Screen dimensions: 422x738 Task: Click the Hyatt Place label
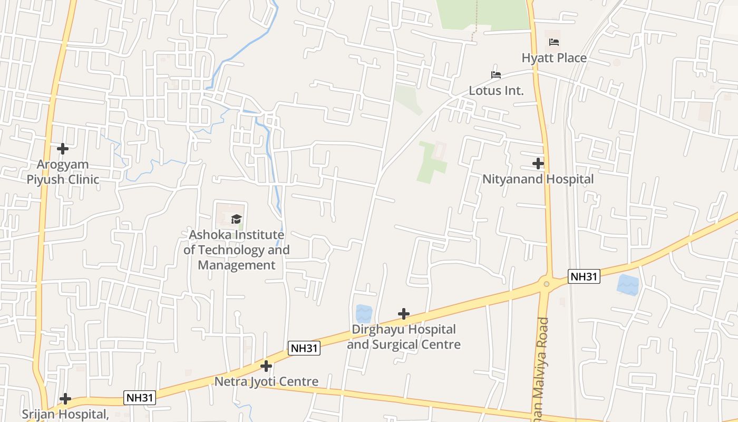(x=554, y=57)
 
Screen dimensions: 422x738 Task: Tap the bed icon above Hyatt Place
(x=553, y=42)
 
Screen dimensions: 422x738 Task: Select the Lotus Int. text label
(x=496, y=90)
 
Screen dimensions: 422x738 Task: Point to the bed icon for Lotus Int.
(x=496, y=75)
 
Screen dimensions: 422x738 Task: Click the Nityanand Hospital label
(x=538, y=179)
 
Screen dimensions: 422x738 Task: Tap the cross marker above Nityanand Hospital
(x=538, y=164)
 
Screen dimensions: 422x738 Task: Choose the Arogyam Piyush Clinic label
(x=63, y=172)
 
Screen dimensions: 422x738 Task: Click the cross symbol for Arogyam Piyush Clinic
(x=63, y=149)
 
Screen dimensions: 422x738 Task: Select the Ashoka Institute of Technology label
(x=236, y=250)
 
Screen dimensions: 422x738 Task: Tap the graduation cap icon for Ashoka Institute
(x=236, y=219)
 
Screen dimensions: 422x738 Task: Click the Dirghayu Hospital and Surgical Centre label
(x=403, y=337)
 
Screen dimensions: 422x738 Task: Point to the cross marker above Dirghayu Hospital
(x=403, y=314)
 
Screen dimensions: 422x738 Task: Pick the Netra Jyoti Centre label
(x=266, y=381)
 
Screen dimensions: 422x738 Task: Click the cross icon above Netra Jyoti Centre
(x=266, y=366)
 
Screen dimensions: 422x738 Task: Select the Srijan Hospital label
(x=65, y=414)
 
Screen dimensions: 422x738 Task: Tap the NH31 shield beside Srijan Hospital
(x=140, y=397)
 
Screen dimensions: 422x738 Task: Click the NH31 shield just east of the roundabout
(x=584, y=276)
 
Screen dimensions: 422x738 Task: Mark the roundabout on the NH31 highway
(x=547, y=284)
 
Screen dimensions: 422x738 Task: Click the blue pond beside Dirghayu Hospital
(x=364, y=313)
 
